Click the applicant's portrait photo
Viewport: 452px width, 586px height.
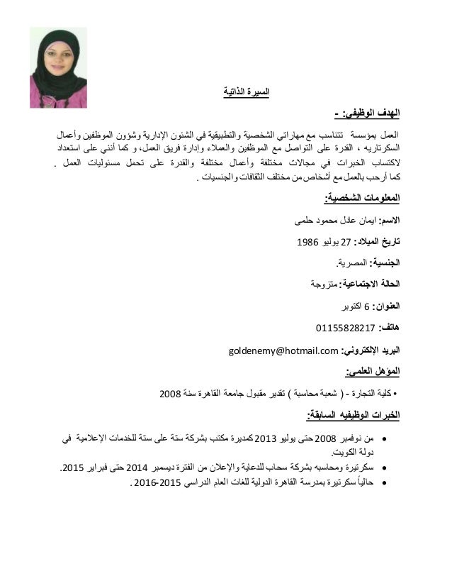click(58, 67)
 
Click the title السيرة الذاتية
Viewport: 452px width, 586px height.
click(246, 92)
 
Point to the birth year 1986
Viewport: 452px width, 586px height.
click(307, 242)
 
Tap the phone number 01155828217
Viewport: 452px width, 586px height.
click(345, 328)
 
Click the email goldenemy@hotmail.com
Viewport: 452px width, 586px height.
click(284, 350)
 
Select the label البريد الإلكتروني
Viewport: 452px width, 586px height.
click(373, 350)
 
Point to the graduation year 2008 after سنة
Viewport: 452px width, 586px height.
click(170, 394)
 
